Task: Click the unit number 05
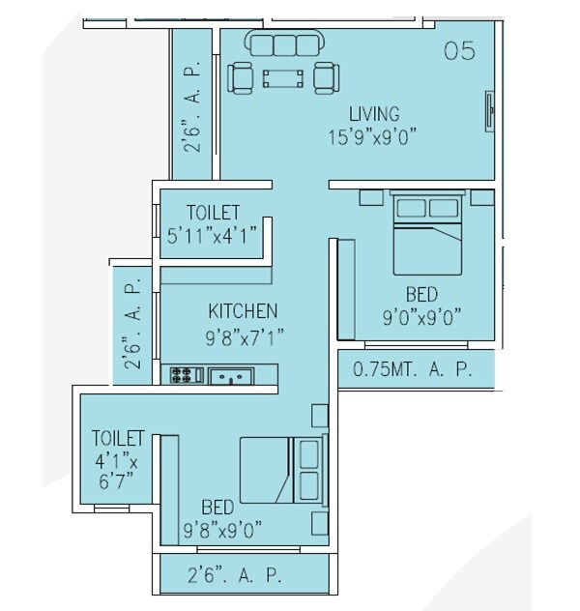(x=459, y=51)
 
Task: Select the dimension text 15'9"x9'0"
(x=371, y=136)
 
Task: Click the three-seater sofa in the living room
(x=283, y=44)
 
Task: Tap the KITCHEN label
(x=243, y=310)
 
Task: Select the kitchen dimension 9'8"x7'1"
(x=243, y=337)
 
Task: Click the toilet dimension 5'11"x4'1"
(x=214, y=234)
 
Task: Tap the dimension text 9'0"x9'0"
(x=421, y=316)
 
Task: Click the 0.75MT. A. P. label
(x=413, y=369)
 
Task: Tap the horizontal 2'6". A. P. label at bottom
(x=235, y=576)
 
